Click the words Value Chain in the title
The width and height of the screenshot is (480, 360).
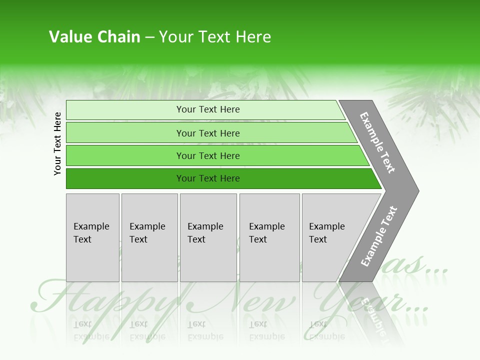tap(94, 37)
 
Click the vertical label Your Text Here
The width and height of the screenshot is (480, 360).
tap(57, 143)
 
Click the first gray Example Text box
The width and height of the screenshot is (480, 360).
tap(92, 237)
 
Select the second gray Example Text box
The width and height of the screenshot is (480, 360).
tap(149, 237)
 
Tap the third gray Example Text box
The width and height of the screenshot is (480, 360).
tap(208, 237)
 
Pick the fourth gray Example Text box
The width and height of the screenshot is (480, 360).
tap(269, 237)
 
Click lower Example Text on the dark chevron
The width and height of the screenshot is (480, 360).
tap(379, 236)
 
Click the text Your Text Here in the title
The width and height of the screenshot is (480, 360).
tap(215, 37)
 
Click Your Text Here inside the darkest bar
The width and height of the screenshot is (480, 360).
tap(208, 178)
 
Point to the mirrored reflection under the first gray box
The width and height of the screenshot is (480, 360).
tap(91, 330)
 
